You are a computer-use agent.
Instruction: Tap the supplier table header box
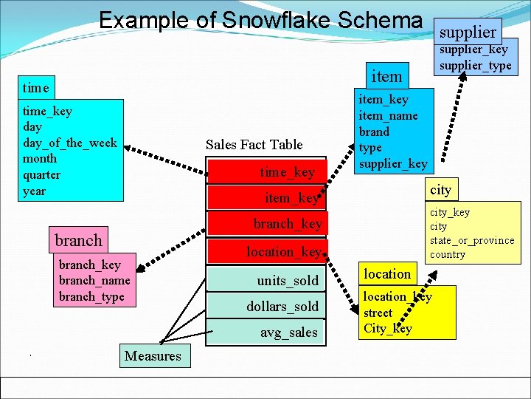click(x=468, y=32)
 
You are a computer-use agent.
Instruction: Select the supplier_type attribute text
click(x=475, y=66)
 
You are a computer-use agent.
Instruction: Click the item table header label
click(x=386, y=75)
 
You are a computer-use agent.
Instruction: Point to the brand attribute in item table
click(x=374, y=132)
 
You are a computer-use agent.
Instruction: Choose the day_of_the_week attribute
click(x=69, y=143)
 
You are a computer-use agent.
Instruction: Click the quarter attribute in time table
click(x=41, y=174)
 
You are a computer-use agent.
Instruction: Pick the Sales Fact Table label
click(x=254, y=144)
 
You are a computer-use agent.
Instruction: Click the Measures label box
click(x=153, y=356)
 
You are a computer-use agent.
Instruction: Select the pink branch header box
click(x=78, y=240)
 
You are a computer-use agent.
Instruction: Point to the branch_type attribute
click(x=91, y=296)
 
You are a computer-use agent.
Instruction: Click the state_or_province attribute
click(x=472, y=240)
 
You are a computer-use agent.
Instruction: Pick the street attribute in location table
click(x=378, y=313)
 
